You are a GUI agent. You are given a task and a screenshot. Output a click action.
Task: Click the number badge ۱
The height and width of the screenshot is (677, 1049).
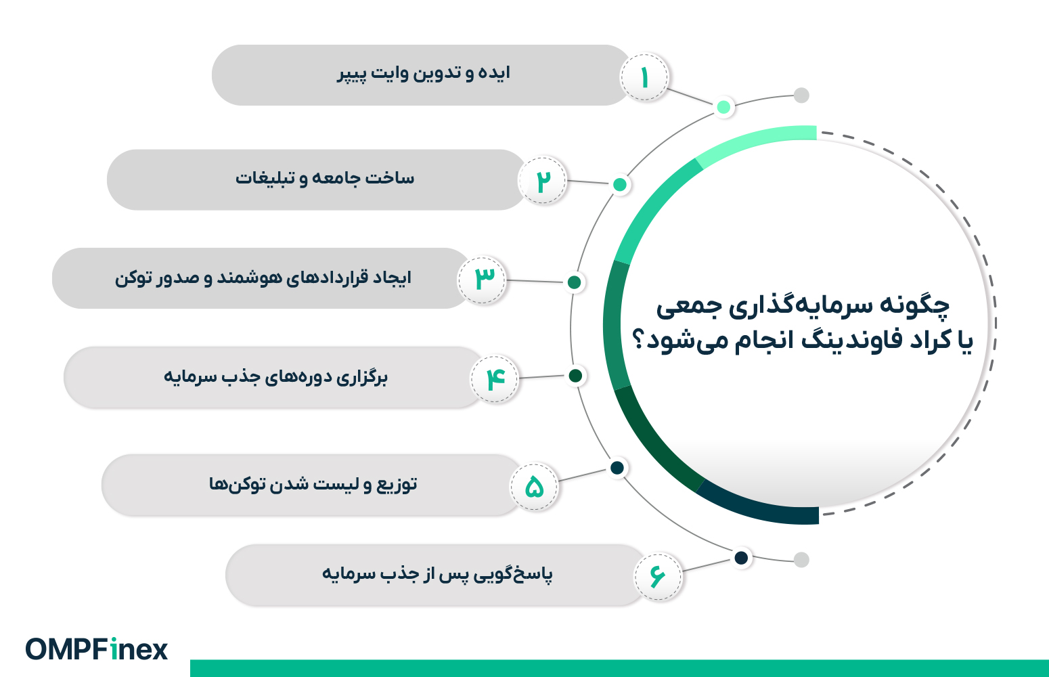pyautogui.click(x=644, y=77)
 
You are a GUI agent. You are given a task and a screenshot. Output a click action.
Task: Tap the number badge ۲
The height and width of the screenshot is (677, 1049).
pyautogui.click(x=543, y=180)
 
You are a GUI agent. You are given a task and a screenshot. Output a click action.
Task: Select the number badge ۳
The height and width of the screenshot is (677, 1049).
pyautogui.click(x=482, y=280)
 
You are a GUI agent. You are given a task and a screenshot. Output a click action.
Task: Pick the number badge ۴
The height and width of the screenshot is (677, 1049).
pyautogui.click(x=495, y=378)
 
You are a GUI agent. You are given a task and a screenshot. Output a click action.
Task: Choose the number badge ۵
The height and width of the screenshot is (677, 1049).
pyautogui.click(x=534, y=486)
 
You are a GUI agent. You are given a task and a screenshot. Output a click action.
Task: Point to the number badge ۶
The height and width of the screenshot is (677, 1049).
pyautogui.click(x=658, y=576)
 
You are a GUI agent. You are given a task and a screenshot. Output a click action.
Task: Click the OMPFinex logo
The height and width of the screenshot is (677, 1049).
pyautogui.click(x=97, y=649)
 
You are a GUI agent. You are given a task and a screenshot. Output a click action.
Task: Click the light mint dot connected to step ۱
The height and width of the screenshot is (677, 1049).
pyautogui.click(x=723, y=107)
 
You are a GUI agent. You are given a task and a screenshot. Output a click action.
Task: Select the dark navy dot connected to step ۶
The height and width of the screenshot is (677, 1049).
pyautogui.click(x=741, y=558)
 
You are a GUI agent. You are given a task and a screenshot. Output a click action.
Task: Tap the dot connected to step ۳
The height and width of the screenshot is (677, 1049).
pyautogui.click(x=574, y=282)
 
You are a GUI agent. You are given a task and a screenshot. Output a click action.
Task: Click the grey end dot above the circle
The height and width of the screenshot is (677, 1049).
pyautogui.click(x=801, y=95)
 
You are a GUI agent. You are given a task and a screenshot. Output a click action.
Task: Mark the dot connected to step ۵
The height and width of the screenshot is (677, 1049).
pyautogui.click(x=617, y=468)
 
